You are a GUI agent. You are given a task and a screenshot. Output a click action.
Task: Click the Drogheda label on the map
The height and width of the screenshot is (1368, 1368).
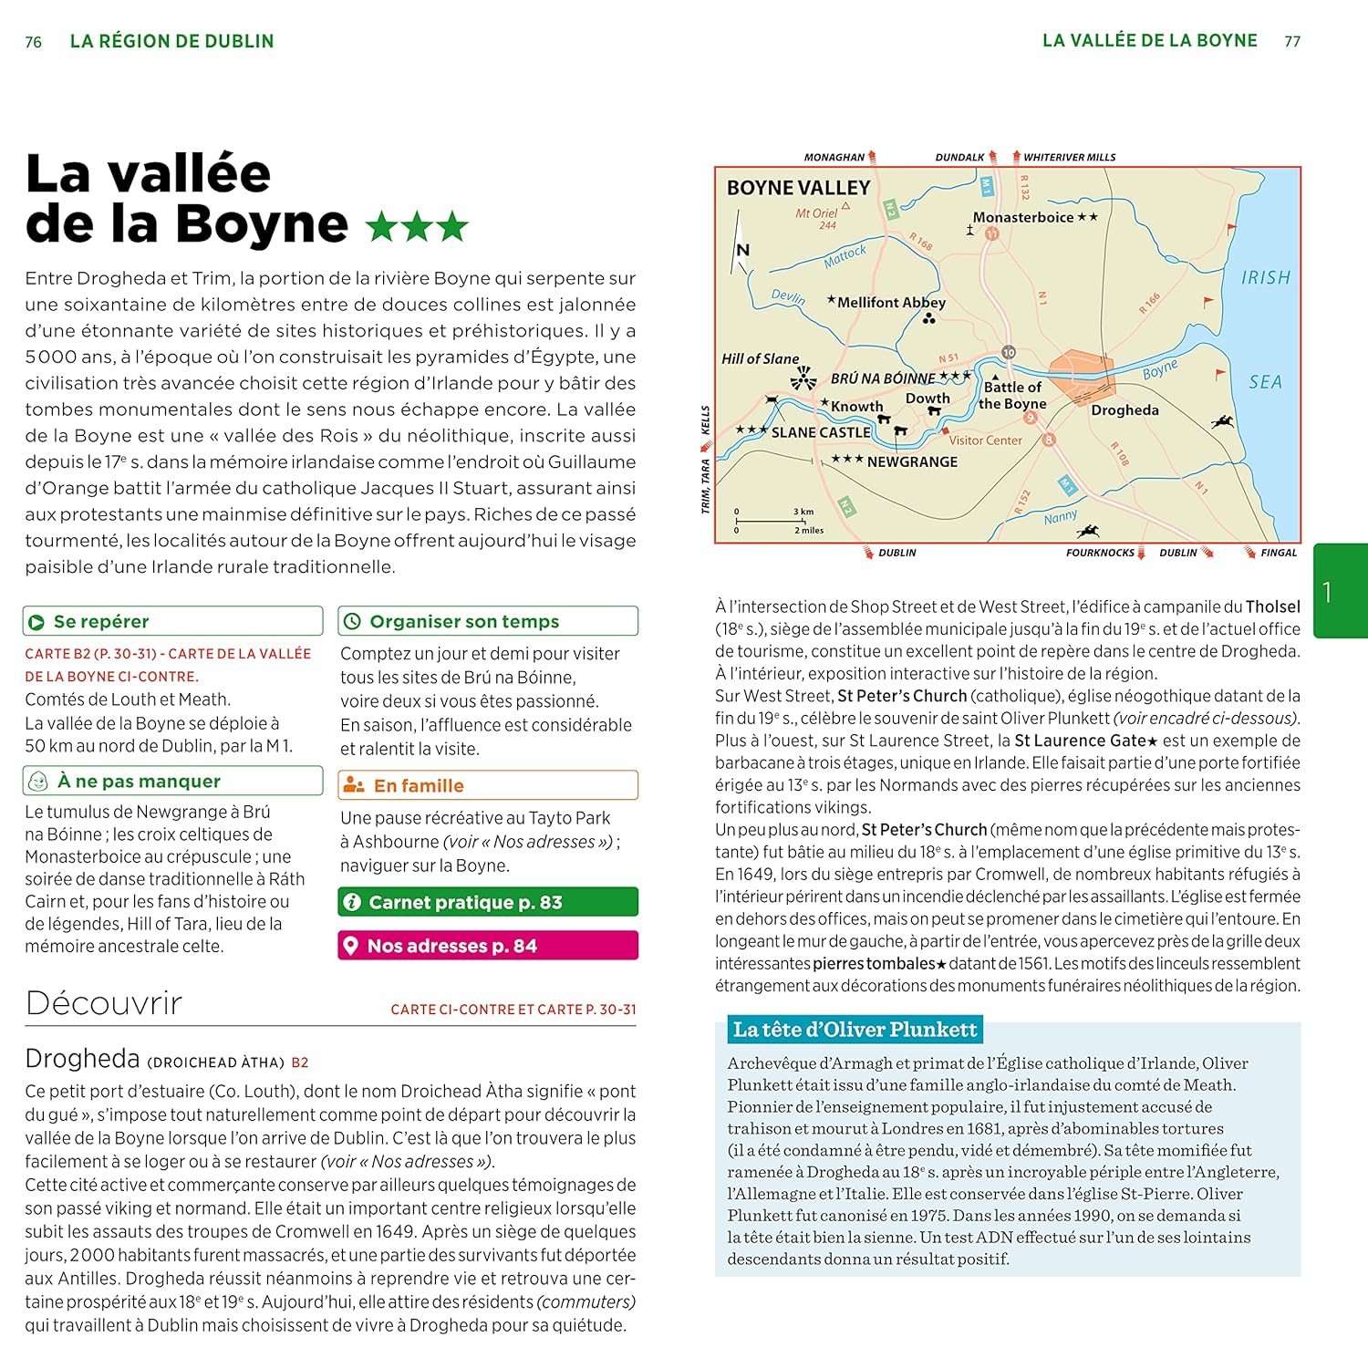tap(1124, 410)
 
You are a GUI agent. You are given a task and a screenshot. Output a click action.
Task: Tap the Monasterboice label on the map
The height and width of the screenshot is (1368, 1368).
tap(1022, 217)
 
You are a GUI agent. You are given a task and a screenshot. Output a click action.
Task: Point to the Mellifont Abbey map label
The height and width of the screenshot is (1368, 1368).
tap(891, 302)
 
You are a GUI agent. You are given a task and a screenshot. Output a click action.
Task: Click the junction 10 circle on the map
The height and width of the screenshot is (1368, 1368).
tap(1008, 352)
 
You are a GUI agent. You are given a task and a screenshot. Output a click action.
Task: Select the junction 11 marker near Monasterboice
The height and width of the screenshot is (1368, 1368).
tap(991, 233)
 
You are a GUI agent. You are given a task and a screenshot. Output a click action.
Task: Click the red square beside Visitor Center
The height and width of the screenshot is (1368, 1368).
tap(946, 430)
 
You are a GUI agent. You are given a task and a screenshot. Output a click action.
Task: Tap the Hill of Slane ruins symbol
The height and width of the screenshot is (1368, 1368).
tap(803, 378)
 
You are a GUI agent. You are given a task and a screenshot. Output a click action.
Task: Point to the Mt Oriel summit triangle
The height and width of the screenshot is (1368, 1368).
tap(845, 206)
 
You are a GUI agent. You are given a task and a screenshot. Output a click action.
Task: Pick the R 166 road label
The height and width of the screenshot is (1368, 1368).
tap(1149, 303)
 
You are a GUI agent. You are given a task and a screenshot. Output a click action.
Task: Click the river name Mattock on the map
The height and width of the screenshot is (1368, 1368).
tap(845, 256)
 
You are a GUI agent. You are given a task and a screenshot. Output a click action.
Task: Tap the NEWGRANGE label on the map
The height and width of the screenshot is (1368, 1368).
tap(912, 462)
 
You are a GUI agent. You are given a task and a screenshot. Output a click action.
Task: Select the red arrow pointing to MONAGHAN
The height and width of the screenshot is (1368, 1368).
tap(872, 157)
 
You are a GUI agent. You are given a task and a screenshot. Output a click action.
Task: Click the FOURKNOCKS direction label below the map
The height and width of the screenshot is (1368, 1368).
tap(1100, 553)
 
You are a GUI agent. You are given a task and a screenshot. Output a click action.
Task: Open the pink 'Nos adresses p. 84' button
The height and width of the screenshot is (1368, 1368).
tap(488, 946)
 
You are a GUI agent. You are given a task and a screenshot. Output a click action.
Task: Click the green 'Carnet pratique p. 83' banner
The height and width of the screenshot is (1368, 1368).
tap(488, 902)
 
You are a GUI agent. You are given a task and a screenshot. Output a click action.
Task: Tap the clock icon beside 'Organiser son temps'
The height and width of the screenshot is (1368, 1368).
tap(352, 622)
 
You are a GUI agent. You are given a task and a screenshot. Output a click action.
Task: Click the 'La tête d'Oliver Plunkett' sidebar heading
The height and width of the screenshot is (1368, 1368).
tap(855, 1030)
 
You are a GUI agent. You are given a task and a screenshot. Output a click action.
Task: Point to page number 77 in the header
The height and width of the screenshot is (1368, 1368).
tap(1292, 41)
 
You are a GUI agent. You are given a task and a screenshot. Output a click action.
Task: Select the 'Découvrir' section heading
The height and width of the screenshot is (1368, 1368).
tap(104, 1003)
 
